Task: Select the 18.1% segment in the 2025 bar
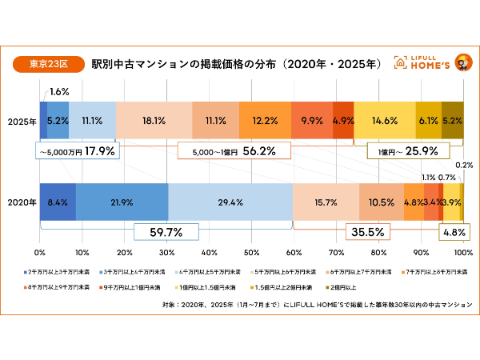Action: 154,122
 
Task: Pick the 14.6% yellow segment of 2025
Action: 385,122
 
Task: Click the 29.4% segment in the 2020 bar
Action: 230,202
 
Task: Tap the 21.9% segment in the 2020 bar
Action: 122,202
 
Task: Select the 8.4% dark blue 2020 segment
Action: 58,202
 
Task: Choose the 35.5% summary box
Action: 369,233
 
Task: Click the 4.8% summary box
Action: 454,233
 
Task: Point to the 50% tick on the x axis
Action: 252,252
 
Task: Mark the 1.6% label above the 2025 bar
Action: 58,92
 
